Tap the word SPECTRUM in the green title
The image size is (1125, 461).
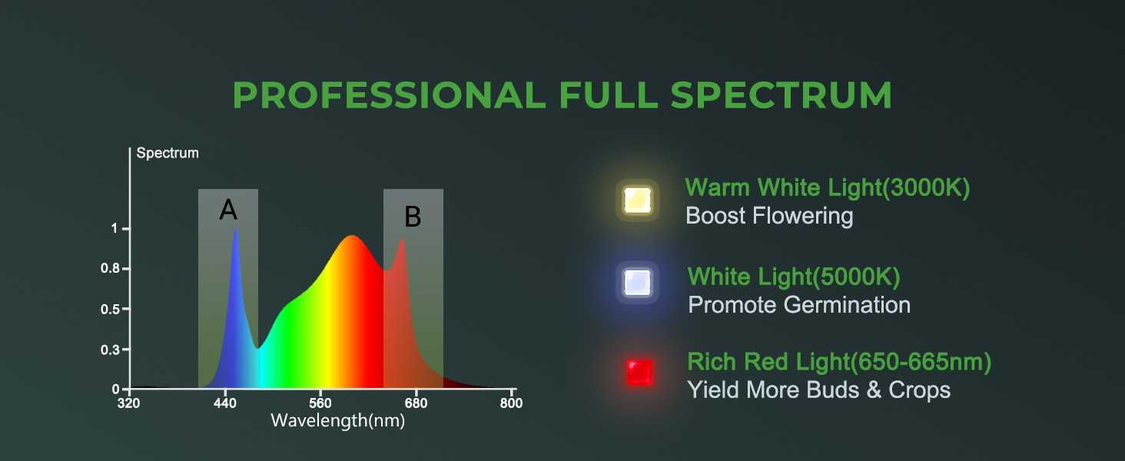781,95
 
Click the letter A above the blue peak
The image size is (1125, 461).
228,210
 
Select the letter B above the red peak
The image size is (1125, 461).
413,217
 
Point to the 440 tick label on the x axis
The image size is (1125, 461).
225,403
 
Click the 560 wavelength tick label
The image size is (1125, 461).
320,403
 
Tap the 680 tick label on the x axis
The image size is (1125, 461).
416,403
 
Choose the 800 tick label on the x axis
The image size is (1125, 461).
511,403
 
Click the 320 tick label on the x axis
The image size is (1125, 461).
128,403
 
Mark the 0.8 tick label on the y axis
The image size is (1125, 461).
111,269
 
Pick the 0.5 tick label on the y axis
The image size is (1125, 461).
111,310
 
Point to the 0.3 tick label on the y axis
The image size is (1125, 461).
111,350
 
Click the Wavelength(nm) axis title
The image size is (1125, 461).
338,421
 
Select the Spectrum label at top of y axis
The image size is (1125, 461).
168,153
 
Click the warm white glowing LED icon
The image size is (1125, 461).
637,200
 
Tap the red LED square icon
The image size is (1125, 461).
639,373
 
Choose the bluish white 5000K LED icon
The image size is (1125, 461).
637,282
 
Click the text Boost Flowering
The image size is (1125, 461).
769,217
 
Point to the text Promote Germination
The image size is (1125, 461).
799,305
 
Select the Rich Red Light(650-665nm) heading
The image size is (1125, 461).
839,362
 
